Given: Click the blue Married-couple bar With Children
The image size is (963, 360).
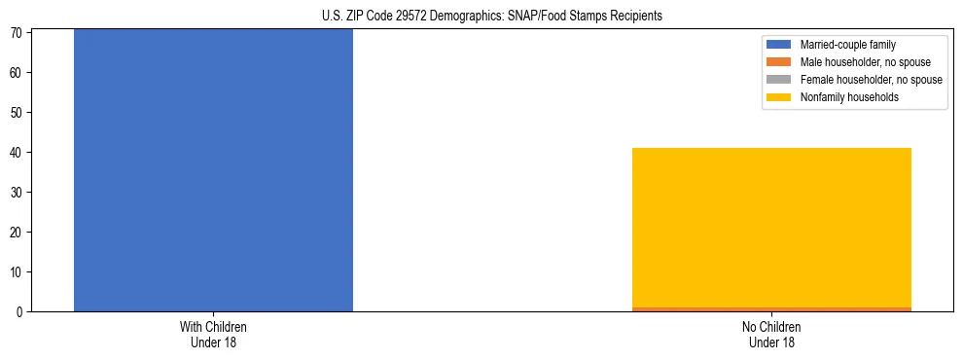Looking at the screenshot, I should (x=213, y=170).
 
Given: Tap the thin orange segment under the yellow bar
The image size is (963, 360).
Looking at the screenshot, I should (x=771, y=308).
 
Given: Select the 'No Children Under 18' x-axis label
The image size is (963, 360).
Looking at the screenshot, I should (x=771, y=334).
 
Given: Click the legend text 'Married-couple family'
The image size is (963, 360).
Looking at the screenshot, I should (x=847, y=45).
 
